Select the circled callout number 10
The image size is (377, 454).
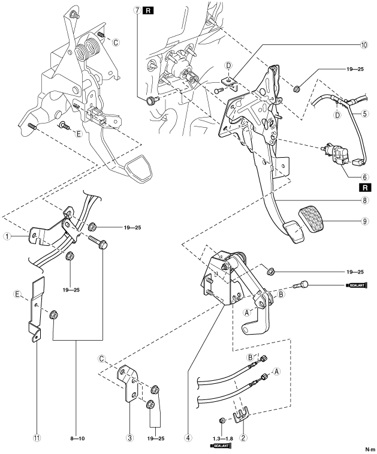364,45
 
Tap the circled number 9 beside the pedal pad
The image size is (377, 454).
365,221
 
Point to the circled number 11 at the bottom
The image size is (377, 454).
37,438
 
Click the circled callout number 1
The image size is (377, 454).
7,236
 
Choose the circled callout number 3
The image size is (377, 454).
129,438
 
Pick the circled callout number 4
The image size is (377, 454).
188,438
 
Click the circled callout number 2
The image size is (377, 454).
243,438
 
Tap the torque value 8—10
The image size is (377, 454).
77,438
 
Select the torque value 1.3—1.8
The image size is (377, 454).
222,438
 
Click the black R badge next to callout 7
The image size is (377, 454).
148,11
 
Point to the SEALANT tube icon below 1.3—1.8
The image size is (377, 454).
221,446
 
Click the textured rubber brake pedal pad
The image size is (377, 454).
311,218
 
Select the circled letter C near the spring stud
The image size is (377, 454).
116,43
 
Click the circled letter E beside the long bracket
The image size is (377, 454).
17,294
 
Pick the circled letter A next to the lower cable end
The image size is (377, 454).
276,371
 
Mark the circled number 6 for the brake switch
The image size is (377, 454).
365,177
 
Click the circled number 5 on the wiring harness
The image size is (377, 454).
365,113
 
